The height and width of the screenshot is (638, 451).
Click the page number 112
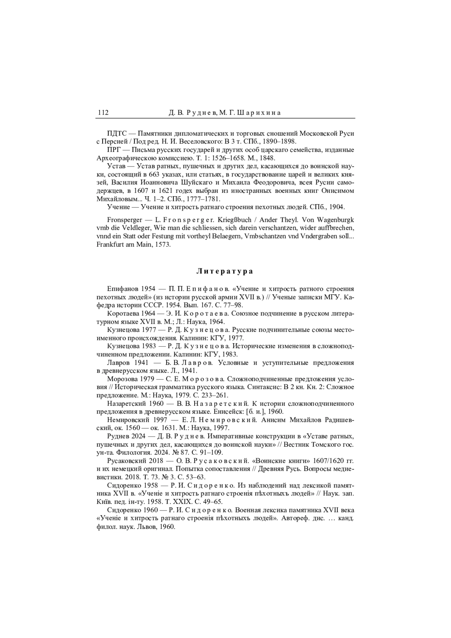103,113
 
